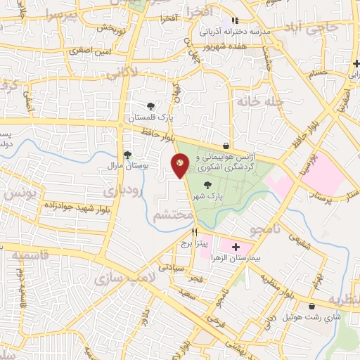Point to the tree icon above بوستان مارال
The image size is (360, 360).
coord(127,155)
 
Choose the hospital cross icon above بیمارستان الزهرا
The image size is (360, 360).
coord(236,247)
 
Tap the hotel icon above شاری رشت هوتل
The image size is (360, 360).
coord(311,306)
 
